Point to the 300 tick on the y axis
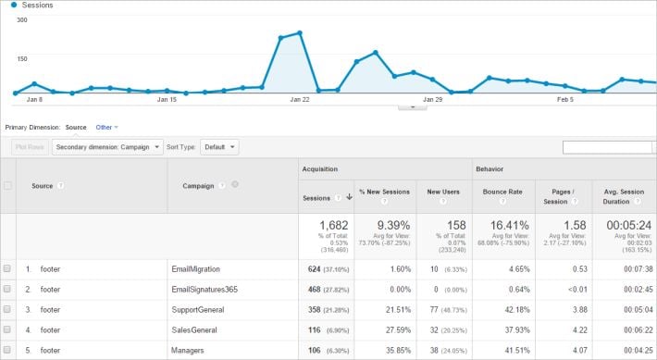coord(22,19)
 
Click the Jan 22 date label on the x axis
coord(299,99)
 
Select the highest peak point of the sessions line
coord(299,33)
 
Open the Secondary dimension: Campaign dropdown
coord(107,147)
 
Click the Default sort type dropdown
coord(218,147)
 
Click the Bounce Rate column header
coord(502,192)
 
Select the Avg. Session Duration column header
coord(625,196)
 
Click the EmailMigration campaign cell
coord(196,268)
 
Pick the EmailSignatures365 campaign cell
coord(205,289)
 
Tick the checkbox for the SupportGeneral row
coord(7,309)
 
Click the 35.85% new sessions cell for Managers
coord(392,350)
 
